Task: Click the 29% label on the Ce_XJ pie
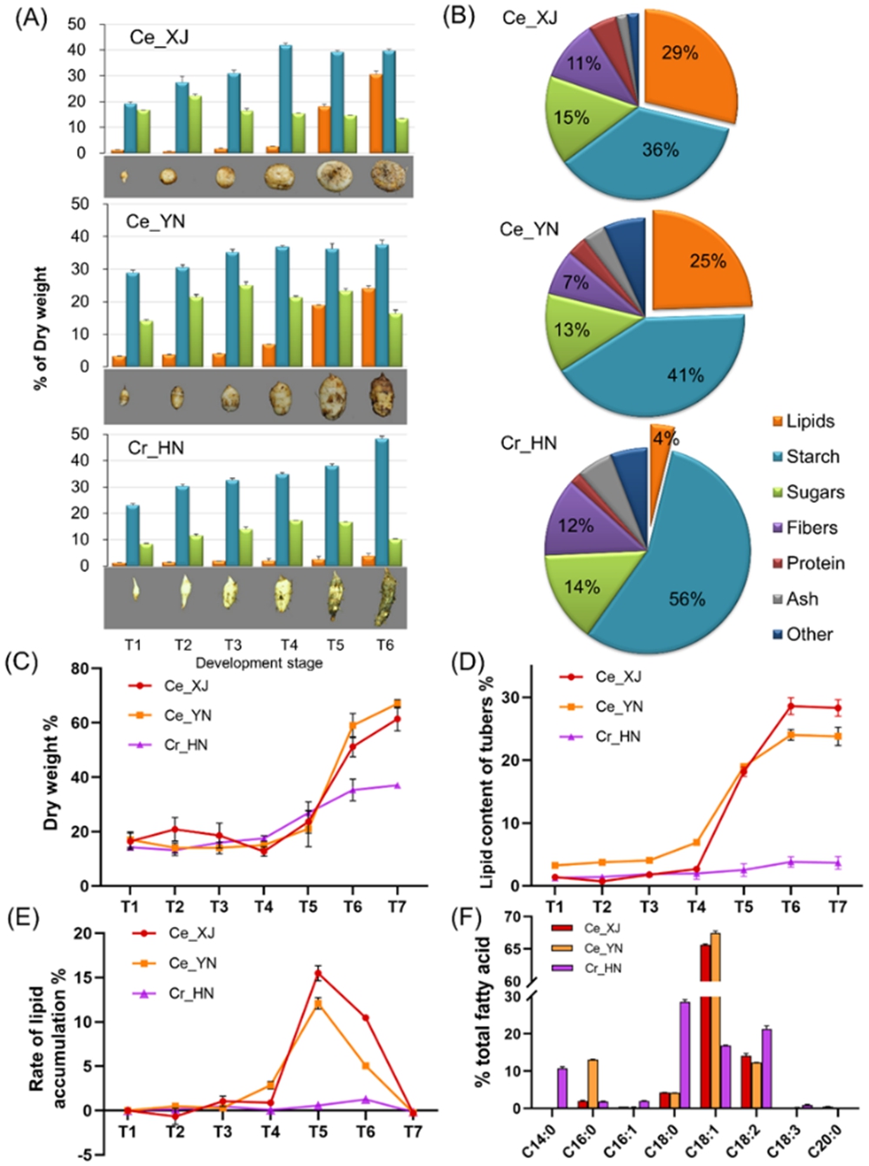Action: (680, 53)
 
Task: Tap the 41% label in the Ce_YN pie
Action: (685, 375)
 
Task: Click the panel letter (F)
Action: (470, 918)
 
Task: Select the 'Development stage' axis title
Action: (259, 663)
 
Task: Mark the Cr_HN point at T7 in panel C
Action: (397, 785)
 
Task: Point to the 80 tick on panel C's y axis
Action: (80, 669)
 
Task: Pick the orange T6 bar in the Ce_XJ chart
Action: (375, 113)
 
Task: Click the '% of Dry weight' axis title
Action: (41, 328)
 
